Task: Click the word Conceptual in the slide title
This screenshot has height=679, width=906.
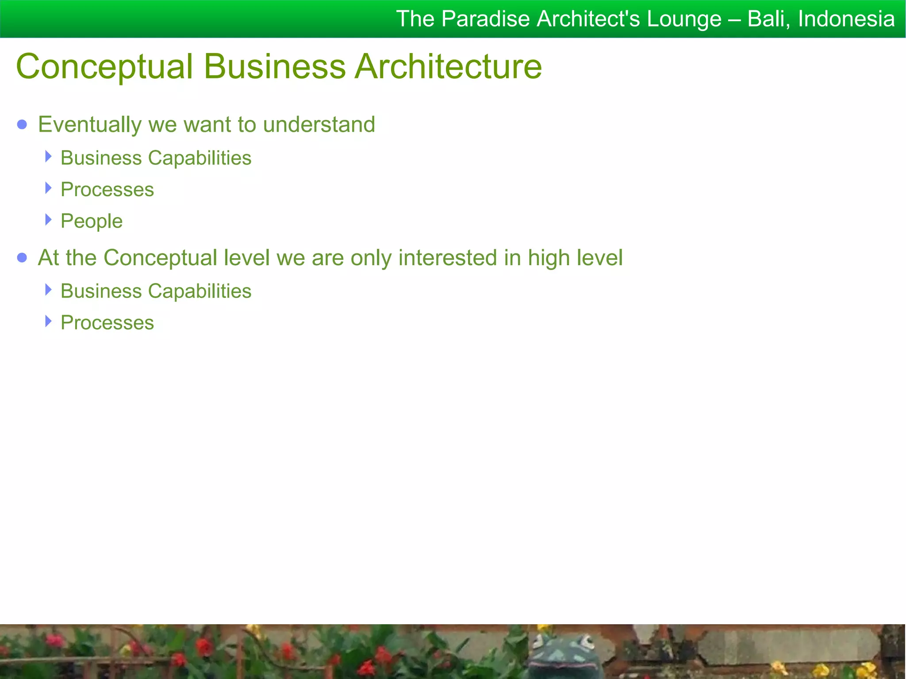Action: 104,67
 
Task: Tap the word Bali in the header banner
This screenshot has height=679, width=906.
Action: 767,19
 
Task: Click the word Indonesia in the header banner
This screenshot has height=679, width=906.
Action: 846,19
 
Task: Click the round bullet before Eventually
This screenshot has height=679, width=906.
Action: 22,125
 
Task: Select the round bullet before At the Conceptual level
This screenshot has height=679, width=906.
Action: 22,258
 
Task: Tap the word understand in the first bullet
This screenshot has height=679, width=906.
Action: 319,125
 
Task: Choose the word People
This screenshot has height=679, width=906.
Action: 92,221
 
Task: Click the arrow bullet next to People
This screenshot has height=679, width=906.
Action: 49,219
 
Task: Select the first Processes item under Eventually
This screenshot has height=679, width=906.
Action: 107,190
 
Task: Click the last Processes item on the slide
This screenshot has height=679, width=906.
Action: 107,323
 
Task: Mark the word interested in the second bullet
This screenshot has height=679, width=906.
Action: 447,258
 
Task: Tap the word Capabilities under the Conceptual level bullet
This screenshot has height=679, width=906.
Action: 200,291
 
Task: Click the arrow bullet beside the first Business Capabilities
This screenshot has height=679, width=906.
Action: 49,156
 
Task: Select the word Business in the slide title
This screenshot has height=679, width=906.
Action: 274,67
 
